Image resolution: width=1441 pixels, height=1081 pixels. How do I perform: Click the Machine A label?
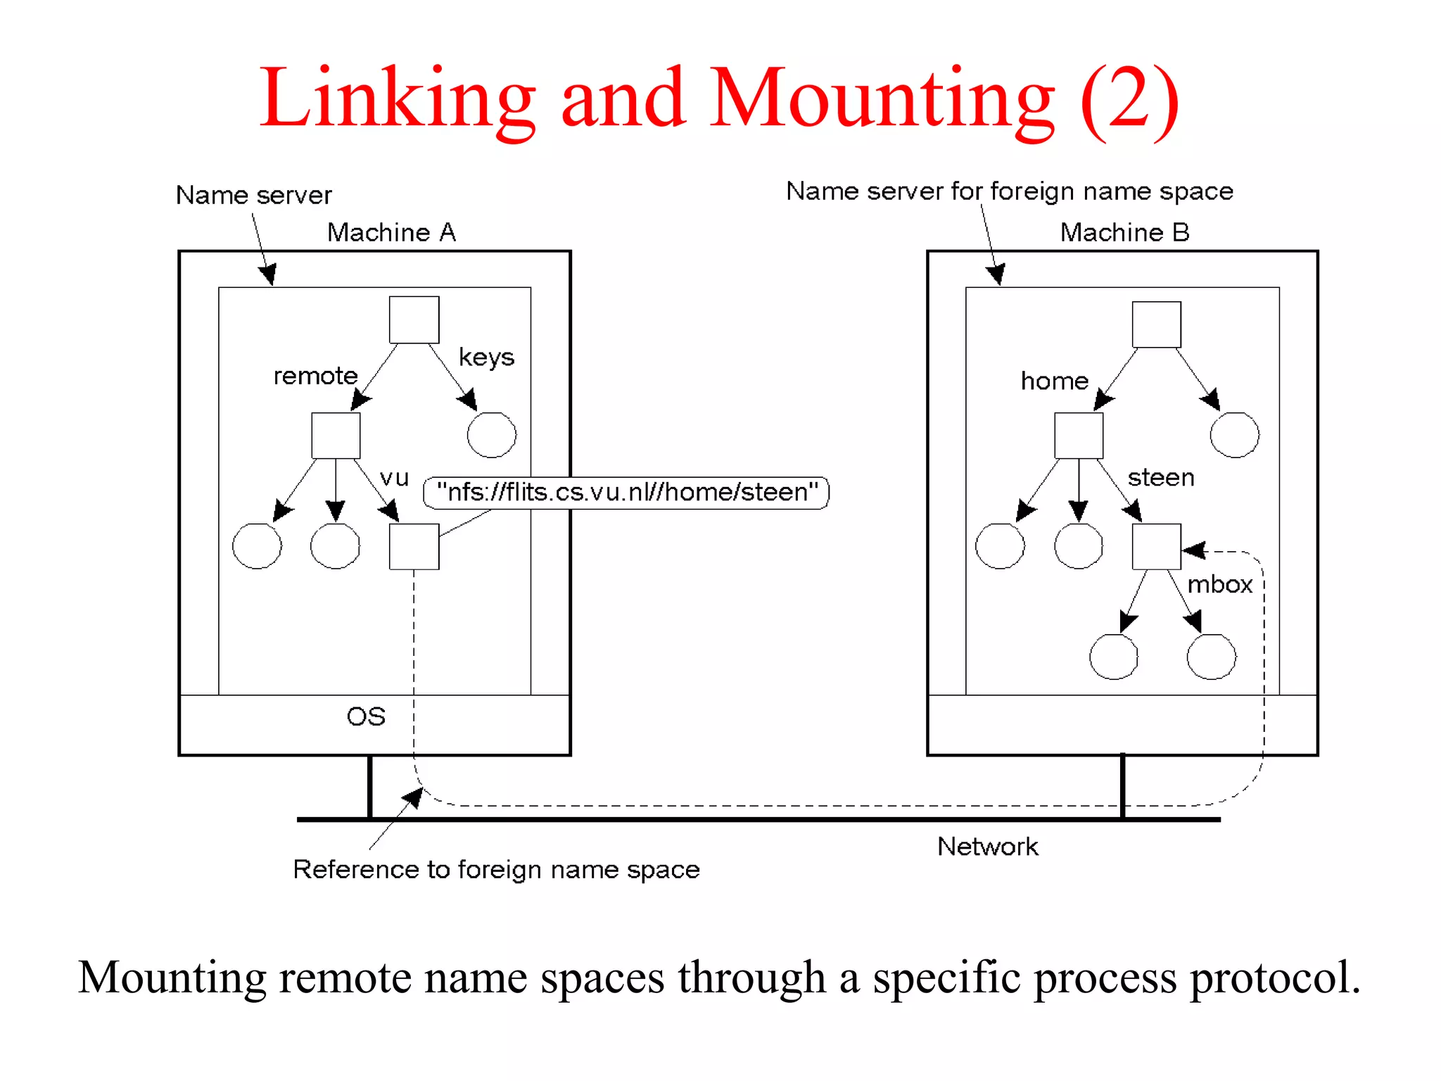[391, 232]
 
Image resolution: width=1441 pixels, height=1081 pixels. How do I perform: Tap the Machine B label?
[1124, 232]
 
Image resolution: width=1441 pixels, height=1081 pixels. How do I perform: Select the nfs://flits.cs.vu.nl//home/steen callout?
[626, 492]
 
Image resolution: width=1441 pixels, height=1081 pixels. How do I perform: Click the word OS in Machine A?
[366, 716]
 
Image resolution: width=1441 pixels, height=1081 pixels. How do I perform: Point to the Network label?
[987, 847]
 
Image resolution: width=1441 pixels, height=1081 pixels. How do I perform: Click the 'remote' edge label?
[315, 376]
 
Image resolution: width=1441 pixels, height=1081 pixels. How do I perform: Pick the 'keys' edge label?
[486, 357]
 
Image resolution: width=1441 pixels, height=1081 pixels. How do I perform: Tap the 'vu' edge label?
[394, 478]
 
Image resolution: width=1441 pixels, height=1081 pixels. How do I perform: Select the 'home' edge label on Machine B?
[1054, 381]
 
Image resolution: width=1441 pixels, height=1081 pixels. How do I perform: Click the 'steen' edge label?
[1161, 478]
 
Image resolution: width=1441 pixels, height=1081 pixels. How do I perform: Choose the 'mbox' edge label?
[1219, 585]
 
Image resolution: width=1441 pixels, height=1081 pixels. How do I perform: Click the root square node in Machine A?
[414, 320]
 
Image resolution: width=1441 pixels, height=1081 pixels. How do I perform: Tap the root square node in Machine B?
[1156, 324]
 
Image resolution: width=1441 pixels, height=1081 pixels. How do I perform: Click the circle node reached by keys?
[491, 435]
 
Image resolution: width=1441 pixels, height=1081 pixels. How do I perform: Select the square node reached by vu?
[414, 546]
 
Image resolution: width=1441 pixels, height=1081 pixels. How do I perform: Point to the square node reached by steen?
[1156, 546]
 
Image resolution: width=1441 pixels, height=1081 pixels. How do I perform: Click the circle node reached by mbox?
[1210, 657]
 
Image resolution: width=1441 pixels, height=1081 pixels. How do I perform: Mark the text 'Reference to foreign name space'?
[496, 870]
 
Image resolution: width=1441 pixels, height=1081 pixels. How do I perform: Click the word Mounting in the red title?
[882, 99]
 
